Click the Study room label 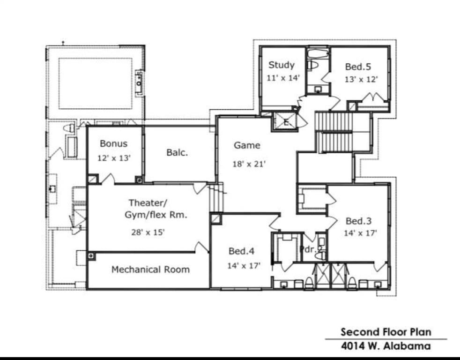click(282, 65)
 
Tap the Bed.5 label click(358, 67)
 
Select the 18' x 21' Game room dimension click(249, 164)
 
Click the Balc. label click(177, 152)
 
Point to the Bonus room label click(114, 143)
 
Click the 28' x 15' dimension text click(148, 232)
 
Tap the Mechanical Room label click(150, 270)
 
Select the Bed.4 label click(241, 251)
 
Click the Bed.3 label click(358, 221)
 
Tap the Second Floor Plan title click(386, 332)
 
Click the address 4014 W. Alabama click(386, 346)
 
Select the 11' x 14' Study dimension click(283, 78)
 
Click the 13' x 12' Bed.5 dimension click(361, 79)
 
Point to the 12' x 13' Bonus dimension click(114, 158)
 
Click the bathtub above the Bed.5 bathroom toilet click(319, 53)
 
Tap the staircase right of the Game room click(334, 132)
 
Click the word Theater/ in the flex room click(148, 203)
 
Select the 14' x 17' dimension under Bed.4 click(244, 266)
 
